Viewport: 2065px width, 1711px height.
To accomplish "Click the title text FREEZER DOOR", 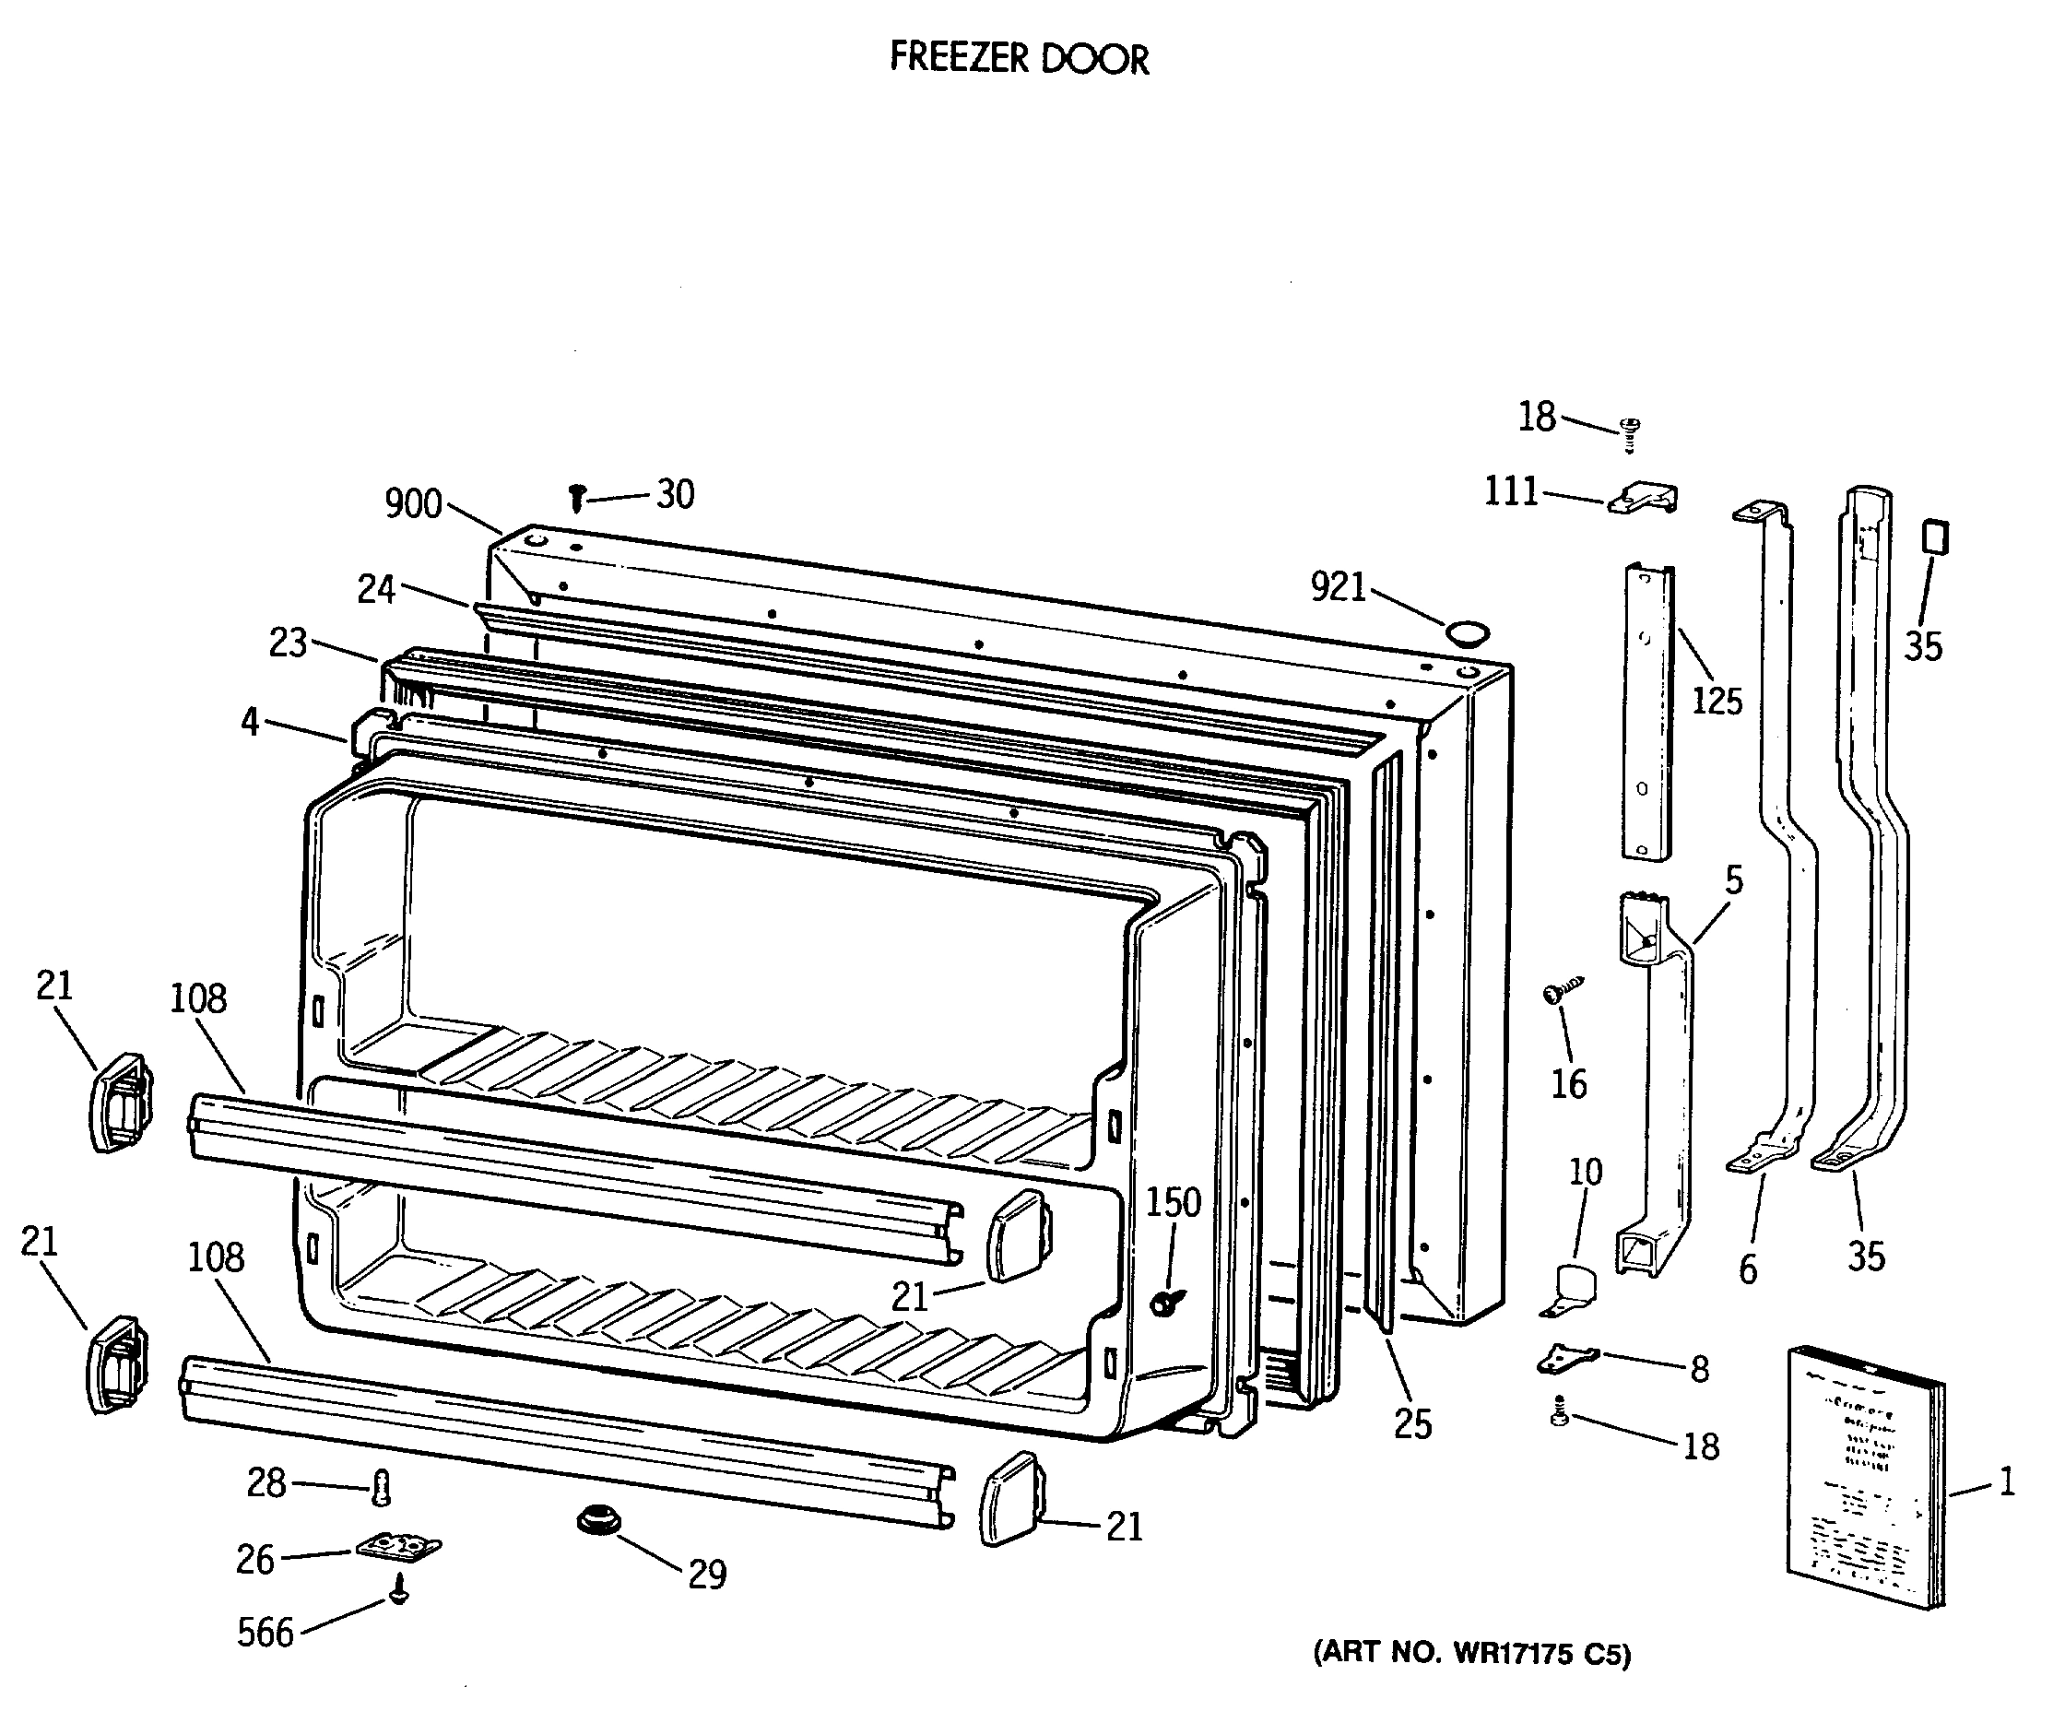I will [x=1019, y=59].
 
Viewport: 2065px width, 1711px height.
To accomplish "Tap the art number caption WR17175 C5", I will [x=1472, y=1653].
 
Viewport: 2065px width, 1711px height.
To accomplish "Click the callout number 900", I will [x=413, y=503].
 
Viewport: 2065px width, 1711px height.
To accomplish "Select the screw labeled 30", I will [x=577, y=498].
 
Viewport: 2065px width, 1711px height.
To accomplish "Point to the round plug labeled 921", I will [x=1467, y=631].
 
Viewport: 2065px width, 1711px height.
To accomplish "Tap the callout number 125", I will [x=1716, y=702].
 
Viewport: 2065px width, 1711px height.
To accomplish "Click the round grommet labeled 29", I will [x=598, y=1521].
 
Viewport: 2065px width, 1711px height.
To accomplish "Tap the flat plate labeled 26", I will [x=397, y=1547].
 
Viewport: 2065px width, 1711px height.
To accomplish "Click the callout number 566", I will [x=265, y=1633].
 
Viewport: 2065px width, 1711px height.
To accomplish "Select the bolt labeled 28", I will [x=382, y=1488].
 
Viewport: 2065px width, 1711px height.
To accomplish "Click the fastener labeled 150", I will [x=1166, y=1303].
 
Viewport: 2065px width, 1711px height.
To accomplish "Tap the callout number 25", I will [x=1412, y=1424].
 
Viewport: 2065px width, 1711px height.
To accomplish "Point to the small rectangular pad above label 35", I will [x=1935, y=537].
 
